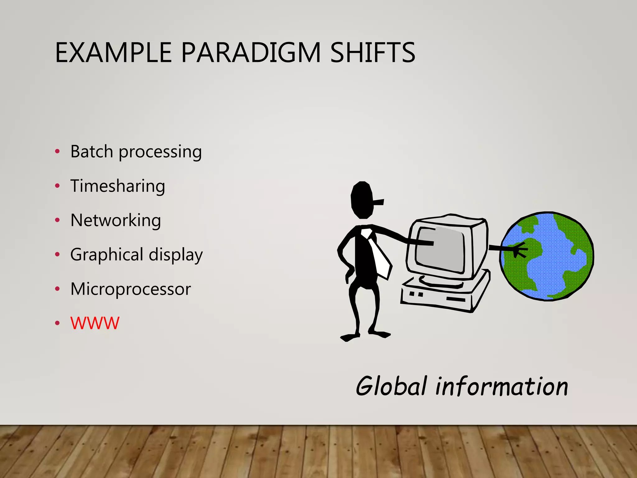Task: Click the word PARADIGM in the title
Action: (x=250, y=53)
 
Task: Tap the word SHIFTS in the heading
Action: (x=372, y=53)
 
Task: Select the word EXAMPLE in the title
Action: (x=113, y=53)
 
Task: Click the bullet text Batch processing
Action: (x=136, y=152)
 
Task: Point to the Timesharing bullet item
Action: (x=118, y=186)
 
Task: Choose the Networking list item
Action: (x=116, y=220)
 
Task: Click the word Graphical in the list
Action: (x=107, y=255)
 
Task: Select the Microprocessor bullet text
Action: (x=131, y=289)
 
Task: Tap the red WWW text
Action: (x=95, y=323)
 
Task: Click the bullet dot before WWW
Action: (x=57, y=323)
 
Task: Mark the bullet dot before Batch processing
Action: (x=57, y=152)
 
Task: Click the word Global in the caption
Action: (x=391, y=386)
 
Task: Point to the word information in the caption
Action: (x=501, y=386)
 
